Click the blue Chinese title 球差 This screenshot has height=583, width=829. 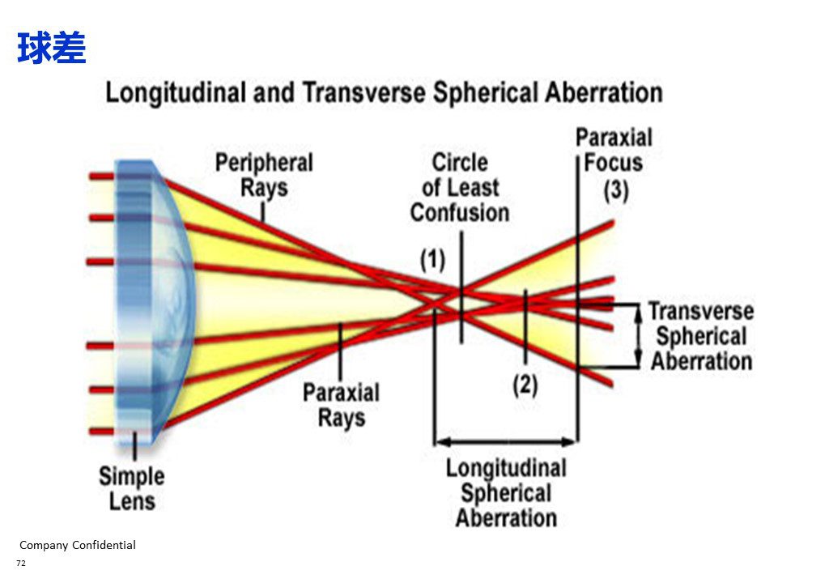pos(51,48)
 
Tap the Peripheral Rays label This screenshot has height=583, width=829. pos(264,175)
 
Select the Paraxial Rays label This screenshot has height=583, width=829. pos(341,405)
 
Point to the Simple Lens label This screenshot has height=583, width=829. pos(132,488)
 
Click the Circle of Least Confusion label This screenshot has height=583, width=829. pos(460,188)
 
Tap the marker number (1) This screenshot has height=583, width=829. pos(433,259)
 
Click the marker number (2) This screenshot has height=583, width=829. pos(525,385)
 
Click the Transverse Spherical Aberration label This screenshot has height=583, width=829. pos(702,337)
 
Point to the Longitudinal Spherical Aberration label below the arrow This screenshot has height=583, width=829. pos(506,492)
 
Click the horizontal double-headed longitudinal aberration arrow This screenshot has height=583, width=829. pos(506,441)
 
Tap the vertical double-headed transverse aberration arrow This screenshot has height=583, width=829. pos(639,335)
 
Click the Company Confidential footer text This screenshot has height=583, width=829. pos(78,545)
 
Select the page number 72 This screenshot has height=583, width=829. pos(21,563)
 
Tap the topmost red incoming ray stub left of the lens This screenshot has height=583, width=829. pos(102,177)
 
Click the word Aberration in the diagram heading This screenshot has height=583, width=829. pos(603,92)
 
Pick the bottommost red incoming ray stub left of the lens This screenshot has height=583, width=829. pos(101,432)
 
